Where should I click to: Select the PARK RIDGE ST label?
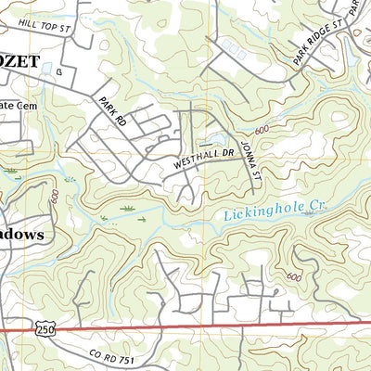[318, 40]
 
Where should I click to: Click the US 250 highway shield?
[44, 328]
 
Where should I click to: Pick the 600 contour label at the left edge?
[57, 197]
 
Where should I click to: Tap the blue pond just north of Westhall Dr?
[219, 139]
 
